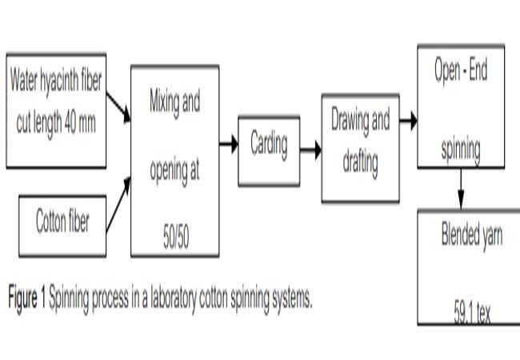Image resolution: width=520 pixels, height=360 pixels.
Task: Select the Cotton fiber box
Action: pos(62,223)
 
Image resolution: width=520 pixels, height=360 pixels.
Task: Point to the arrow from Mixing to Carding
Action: pos(229,145)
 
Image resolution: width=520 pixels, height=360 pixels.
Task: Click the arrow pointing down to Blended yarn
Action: pos(462,188)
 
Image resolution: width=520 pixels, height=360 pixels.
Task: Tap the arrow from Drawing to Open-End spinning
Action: pos(409,122)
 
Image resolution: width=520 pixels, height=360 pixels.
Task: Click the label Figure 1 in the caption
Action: pos(26,299)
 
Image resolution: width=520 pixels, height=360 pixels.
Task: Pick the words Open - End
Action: pos(461,72)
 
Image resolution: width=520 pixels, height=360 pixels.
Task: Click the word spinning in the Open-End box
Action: pos(461,149)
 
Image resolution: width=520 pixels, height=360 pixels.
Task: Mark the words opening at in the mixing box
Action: pos(175,171)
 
